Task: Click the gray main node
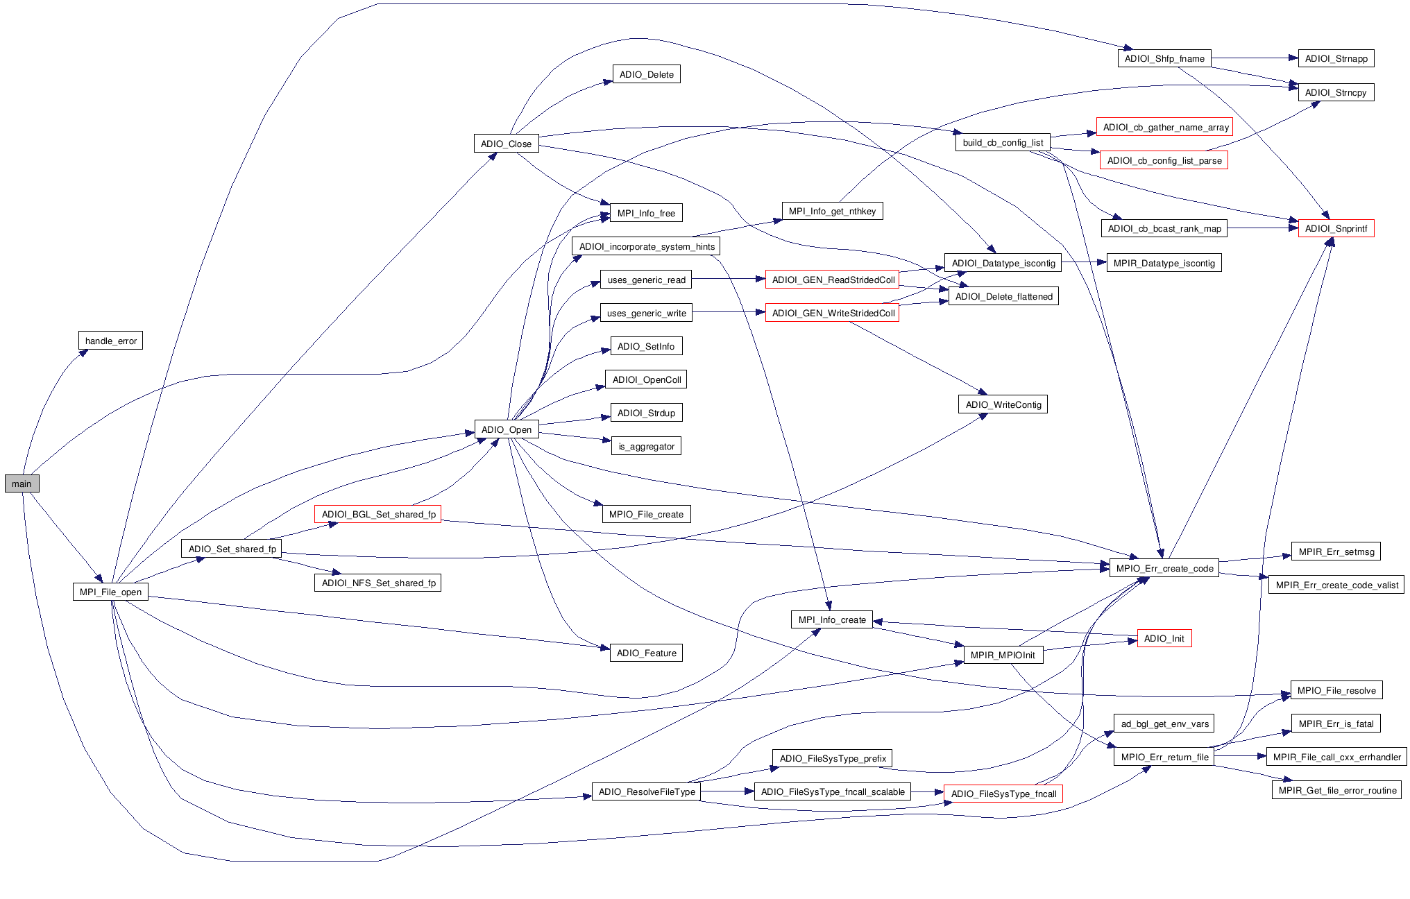[x=22, y=483]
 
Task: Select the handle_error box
[x=110, y=341]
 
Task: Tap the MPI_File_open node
[x=110, y=592]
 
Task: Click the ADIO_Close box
[x=506, y=144]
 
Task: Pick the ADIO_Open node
[x=506, y=429]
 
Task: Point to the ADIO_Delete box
[x=646, y=74]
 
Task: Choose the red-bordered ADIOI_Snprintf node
[x=1336, y=228]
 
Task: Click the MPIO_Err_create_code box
[x=1164, y=568]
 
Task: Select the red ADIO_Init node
[x=1164, y=638]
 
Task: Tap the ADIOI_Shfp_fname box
[x=1164, y=58]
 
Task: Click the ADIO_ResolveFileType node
[x=646, y=791]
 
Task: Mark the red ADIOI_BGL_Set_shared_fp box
[x=378, y=514]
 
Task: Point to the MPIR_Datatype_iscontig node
[x=1164, y=263]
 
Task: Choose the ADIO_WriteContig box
[x=1003, y=404]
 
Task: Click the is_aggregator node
[x=646, y=446]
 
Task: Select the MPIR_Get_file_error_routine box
[x=1336, y=790]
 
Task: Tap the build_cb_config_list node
[x=1003, y=142]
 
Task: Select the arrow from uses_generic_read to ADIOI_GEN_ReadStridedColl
[x=729, y=279]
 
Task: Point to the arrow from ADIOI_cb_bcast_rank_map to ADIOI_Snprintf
[x=1263, y=228]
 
